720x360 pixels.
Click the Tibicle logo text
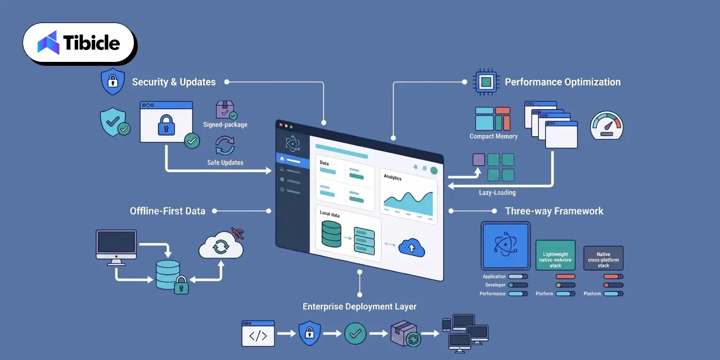[x=92, y=43]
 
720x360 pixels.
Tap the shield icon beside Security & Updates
[x=113, y=82]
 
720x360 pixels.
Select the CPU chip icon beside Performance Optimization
[x=486, y=82]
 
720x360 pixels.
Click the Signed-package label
[x=226, y=125]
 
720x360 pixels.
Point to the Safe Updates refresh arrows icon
[x=225, y=146]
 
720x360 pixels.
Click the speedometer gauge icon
[x=606, y=125]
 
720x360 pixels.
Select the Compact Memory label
[x=493, y=136]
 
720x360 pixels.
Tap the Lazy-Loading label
[x=497, y=192]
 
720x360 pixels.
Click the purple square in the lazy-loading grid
[x=479, y=160]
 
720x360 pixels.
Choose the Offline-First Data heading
[x=168, y=211]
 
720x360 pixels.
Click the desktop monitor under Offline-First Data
[x=116, y=247]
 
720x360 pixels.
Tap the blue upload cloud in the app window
[x=412, y=247]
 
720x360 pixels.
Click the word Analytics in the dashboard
[x=393, y=177]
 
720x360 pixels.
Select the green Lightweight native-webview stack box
[x=555, y=255]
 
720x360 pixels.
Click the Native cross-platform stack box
[x=604, y=258]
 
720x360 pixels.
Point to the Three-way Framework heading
[x=554, y=211]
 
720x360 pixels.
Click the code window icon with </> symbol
[x=258, y=334]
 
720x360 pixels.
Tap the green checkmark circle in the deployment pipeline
[x=355, y=334]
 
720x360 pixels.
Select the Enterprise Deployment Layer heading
[x=359, y=307]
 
